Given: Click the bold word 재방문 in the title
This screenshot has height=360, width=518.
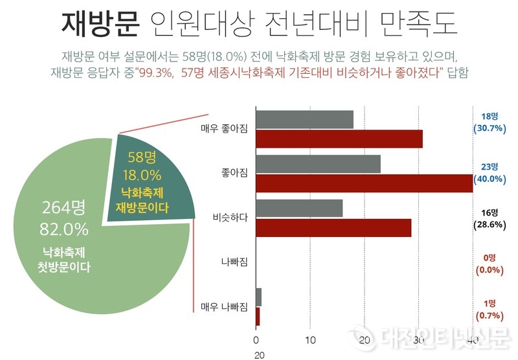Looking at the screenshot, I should tap(100, 25).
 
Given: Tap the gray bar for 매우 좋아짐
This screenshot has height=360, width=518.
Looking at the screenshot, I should tap(304, 120).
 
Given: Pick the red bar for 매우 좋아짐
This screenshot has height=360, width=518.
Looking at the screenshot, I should tap(339, 139).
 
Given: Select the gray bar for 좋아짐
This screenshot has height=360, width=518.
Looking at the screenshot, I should tap(318, 164).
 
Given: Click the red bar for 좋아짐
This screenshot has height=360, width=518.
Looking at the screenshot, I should tap(364, 183).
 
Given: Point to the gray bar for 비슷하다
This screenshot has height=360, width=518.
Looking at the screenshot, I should tap(299, 208).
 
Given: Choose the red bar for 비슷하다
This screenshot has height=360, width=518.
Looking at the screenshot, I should tap(333, 227).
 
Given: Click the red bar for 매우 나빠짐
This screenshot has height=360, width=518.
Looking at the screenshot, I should tap(258, 316).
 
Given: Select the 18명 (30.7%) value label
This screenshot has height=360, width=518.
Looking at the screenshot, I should tap(490, 122).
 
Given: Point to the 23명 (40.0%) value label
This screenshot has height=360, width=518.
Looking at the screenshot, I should tap(490, 173).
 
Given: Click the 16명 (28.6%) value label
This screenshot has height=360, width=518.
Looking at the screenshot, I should tap(490, 218).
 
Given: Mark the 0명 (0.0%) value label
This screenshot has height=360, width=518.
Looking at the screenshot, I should tap(490, 263).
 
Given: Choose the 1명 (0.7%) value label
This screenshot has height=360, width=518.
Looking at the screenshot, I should tap(490, 308).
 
